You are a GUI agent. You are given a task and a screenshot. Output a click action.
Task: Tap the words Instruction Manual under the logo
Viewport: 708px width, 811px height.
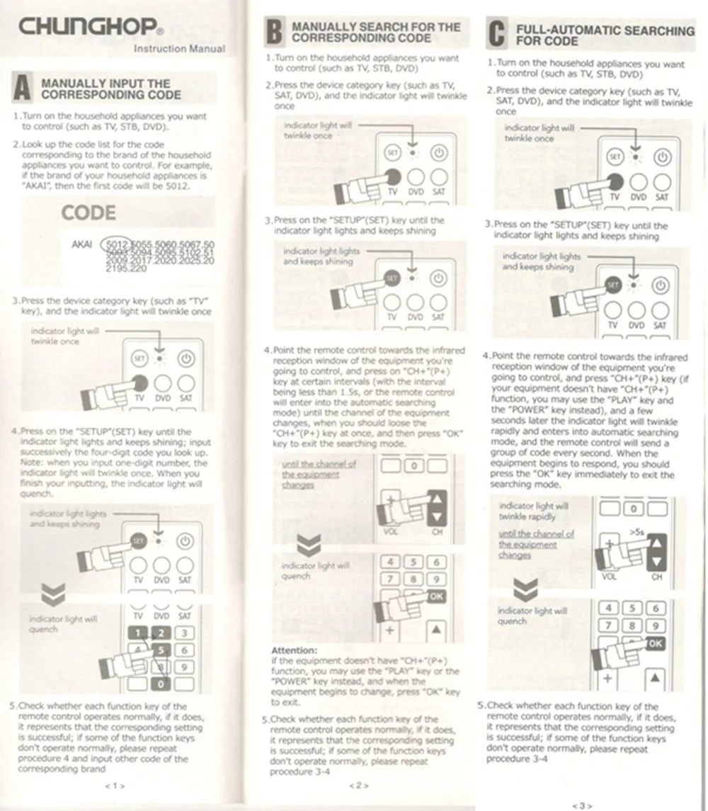pyautogui.click(x=180, y=49)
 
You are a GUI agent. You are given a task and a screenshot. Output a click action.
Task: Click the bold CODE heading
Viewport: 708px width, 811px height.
pyautogui.click(x=88, y=212)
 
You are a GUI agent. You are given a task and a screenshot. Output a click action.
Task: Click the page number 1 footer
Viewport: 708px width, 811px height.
pyautogui.click(x=115, y=786)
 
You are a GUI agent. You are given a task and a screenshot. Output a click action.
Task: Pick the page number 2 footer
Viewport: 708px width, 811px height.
pyautogui.click(x=358, y=785)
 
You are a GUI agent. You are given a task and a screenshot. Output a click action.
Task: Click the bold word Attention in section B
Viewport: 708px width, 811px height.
pyautogui.click(x=295, y=650)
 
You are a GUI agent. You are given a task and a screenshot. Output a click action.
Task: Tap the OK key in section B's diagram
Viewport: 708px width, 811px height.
pyautogui.click(x=437, y=596)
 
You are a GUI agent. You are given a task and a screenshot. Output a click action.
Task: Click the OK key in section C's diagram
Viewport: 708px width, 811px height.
pyautogui.click(x=656, y=643)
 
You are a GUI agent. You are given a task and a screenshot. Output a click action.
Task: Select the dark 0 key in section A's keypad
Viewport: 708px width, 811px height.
pyautogui.click(x=161, y=684)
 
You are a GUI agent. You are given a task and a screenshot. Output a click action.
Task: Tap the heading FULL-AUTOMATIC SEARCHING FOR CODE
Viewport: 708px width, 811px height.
pyautogui.click(x=605, y=36)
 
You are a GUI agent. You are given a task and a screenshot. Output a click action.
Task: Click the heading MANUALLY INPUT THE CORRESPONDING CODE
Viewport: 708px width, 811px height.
pyautogui.click(x=111, y=89)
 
